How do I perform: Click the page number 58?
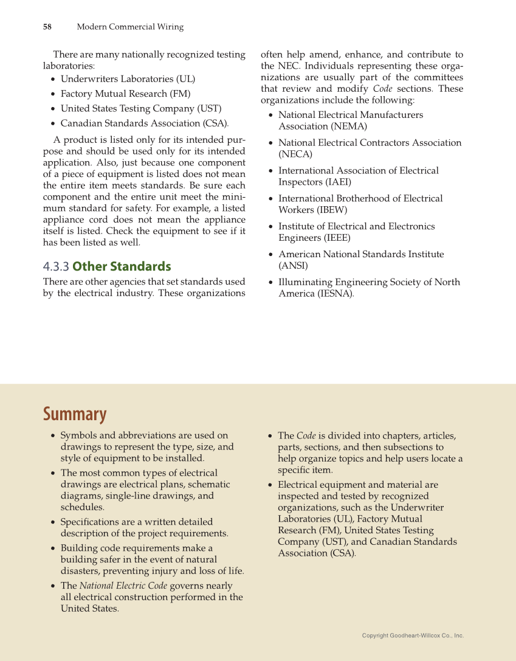click(x=47, y=27)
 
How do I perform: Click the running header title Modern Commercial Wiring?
click(x=130, y=27)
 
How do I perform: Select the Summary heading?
click(x=74, y=414)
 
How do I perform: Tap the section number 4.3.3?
click(x=56, y=266)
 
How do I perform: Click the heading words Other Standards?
click(x=122, y=266)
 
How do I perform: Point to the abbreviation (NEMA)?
click(x=349, y=126)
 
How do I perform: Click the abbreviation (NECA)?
click(x=295, y=154)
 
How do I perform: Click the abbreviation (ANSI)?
click(x=293, y=266)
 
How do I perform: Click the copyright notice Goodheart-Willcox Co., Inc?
click(x=413, y=635)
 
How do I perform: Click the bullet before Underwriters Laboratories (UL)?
click(x=53, y=79)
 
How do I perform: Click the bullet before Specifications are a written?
click(x=53, y=522)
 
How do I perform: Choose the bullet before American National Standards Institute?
click(x=270, y=255)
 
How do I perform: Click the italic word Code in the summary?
click(x=305, y=435)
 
